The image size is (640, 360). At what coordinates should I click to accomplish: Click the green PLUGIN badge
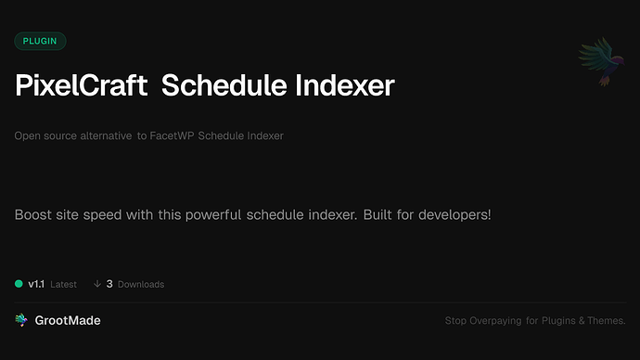click(40, 41)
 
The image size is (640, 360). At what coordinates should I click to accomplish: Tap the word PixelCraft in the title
click(82, 85)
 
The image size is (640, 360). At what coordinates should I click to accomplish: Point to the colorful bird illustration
click(597, 62)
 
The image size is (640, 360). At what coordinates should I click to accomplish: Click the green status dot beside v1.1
click(19, 284)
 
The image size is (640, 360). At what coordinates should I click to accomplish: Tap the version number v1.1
click(36, 284)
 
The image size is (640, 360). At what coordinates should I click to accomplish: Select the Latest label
click(64, 284)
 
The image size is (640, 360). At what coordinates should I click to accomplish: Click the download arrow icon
click(96, 284)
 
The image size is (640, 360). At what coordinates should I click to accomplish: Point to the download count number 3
click(109, 284)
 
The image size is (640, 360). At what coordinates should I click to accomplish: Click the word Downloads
click(141, 284)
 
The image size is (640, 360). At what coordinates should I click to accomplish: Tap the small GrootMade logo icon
click(20, 320)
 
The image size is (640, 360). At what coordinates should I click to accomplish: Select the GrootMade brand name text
click(67, 320)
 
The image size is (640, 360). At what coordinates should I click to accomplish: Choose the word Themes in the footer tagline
click(604, 321)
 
